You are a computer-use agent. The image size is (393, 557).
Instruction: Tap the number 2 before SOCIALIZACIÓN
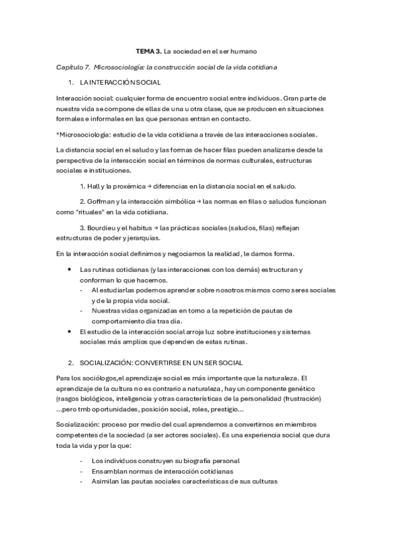tap(70, 362)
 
